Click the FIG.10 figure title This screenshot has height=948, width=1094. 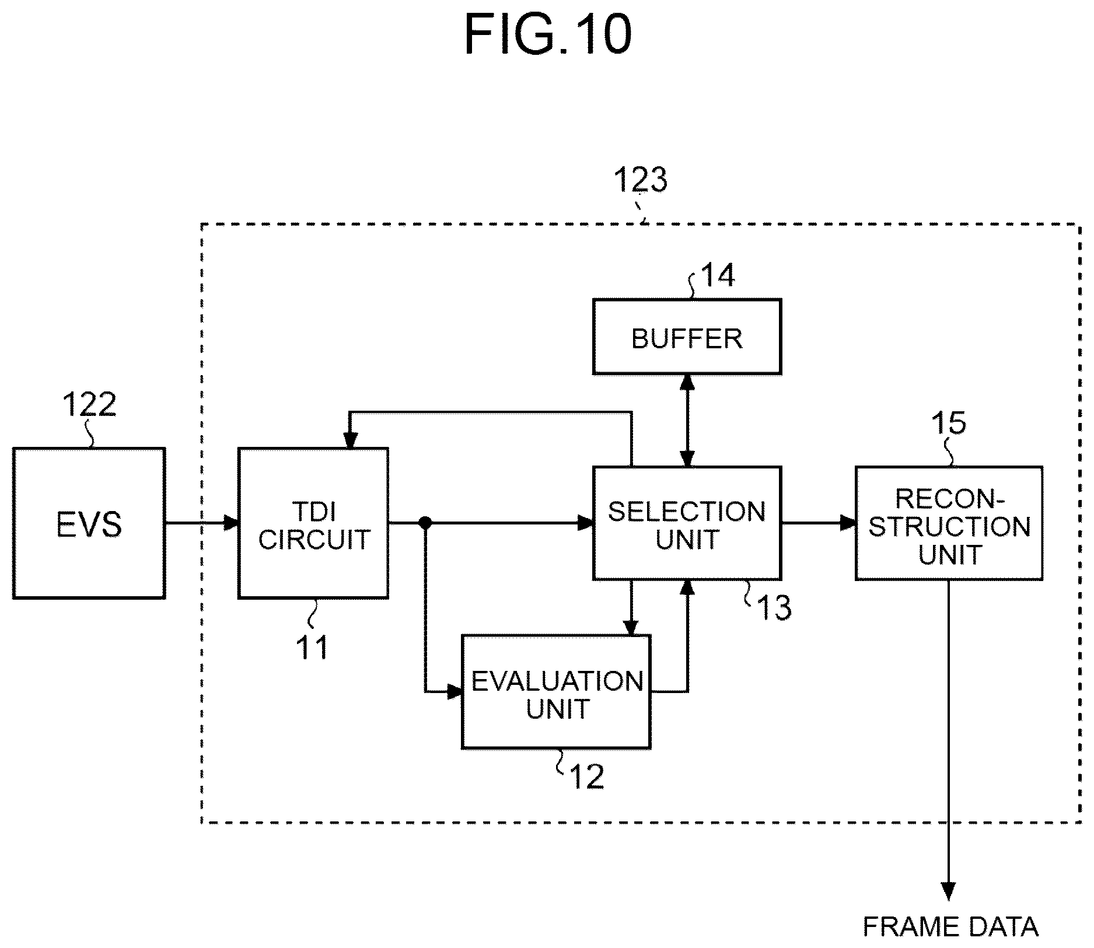(548, 35)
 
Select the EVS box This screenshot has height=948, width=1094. (89, 523)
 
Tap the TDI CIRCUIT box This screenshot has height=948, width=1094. (313, 523)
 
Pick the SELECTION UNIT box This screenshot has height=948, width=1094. (687, 523)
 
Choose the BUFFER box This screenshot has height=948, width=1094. (687, 337)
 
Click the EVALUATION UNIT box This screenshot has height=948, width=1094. (556, 691)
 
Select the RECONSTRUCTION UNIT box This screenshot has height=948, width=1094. (949, 523)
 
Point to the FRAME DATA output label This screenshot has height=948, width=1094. (950, 926)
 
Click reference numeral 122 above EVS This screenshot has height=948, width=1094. (89, 404)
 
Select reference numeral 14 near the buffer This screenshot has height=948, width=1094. (718, 275)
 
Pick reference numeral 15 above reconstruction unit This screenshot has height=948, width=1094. (948, 422)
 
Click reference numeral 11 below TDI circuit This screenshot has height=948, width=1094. (313, 647)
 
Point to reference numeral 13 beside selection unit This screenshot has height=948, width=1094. (774, 608)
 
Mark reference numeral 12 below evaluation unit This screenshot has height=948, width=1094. (586, 776)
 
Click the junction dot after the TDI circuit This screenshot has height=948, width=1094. (426, 523)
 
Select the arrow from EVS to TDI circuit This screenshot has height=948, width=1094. (202, 523)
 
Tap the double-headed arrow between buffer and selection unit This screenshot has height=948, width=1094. (687, 421)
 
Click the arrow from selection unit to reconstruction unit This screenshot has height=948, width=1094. (818, 523)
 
